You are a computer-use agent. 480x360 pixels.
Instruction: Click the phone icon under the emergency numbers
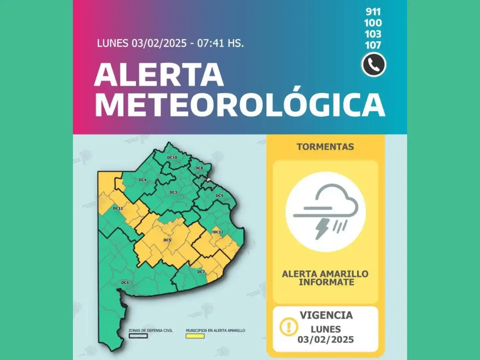[x=374, y=65]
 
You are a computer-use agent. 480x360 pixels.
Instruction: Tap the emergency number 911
[x=373, y=12]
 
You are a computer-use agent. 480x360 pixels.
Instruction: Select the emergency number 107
[x=373, y=45]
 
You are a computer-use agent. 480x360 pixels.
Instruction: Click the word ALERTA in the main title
[x=159, y=75]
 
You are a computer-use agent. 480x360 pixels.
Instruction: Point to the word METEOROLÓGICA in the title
[x=240, y=105]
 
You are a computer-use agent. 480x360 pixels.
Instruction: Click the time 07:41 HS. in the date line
[x=220, y=43]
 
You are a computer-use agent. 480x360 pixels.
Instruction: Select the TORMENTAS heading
[x=325, y=147]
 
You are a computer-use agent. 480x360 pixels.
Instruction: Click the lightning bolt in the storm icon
[x=322, y=228]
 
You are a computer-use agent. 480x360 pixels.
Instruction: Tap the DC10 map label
[x=172, y=157]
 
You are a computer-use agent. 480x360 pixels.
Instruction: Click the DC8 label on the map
[x=199, y=168]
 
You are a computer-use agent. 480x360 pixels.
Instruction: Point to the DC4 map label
[x=142, y=180]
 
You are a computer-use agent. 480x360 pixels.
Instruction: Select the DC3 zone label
[x=173, y=192]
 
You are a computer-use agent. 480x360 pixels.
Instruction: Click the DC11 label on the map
[x=118, y=208]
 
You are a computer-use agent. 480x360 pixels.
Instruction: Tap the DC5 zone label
[x=167, y=240]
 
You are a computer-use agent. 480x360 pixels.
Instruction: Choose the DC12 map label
[x=218, y=232]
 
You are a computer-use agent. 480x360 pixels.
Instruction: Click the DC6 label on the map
[x=125, y=283]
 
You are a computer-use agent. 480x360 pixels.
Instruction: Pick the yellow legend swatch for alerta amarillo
[x=195, y=336]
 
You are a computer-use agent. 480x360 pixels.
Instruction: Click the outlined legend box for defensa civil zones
[x=138, y=336]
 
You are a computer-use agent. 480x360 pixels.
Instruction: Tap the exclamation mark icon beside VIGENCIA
[x=289, y=326]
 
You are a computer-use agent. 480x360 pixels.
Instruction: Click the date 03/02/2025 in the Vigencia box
[x=326, y=340]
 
